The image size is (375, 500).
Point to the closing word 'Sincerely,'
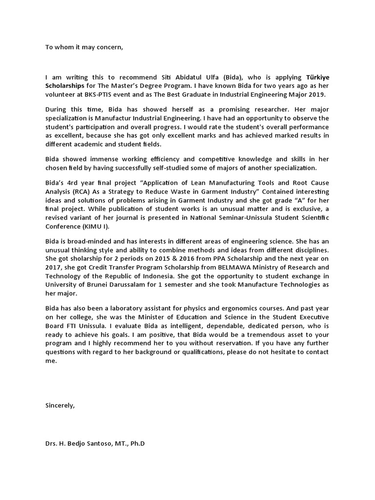(60, 405)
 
